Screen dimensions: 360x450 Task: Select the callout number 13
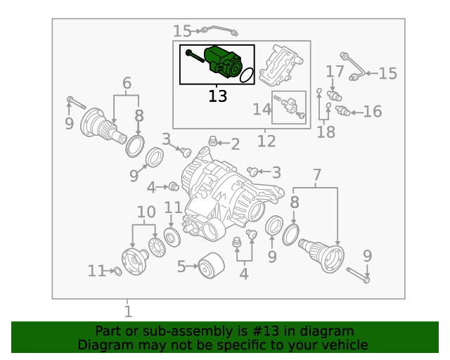(x=218, y=96)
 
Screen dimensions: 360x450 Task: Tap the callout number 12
(x=266, y=142)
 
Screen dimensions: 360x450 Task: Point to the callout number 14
(x=262, y=109)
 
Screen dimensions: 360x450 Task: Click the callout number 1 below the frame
(x=127, y=311)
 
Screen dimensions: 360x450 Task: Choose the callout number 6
(x=127, y=83)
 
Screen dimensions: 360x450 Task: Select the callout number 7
(x=317, y=174)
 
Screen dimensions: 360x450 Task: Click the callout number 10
(x=146, y=212)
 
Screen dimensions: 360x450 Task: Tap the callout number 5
(x=181, y=266)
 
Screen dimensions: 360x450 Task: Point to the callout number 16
(x=373, y=111)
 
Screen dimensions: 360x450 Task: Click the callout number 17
(x=335, y=71)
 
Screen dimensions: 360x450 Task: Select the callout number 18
(x=326, y=131)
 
